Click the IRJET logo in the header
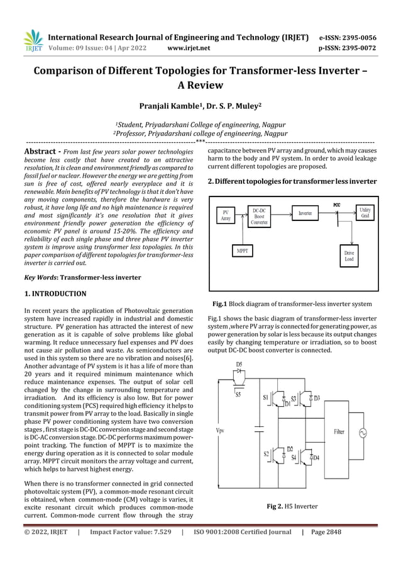pyautogui.click(x=33, y=40)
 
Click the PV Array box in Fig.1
pyautogui.click(x=226, y=215)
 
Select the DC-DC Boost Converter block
pyautogui.click(x=259, y=215)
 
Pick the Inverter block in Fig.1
pyautogui.click(x=305, y=214)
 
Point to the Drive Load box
pyautogui.click(x=349, y=256)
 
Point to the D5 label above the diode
pyautogui.click(x=239, y=365)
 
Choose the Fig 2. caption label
pyautogui.click(x=275, y=506)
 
